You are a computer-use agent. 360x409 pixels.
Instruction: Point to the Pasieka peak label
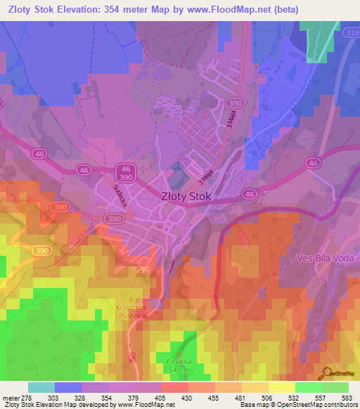click(x=179, y=362)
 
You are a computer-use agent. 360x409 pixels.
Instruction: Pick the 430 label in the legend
click(x=188, y=398)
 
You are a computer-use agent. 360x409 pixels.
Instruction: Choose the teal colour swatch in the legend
click(x=41, y=388)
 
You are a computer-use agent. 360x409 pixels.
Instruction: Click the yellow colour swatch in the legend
click(x=282, y=388)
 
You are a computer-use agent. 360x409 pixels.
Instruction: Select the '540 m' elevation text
click(x=179, y=370)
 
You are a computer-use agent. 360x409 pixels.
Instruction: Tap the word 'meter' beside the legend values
click(x=10, y=398)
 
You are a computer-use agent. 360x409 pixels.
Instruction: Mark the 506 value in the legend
click(x=269, y=398)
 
